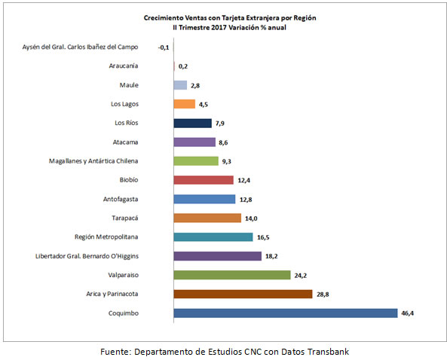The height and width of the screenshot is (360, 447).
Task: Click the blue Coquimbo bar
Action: coord(286,313)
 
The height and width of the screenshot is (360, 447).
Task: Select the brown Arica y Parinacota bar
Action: coord(243,294)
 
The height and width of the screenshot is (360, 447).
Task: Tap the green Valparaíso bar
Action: coord(231,275)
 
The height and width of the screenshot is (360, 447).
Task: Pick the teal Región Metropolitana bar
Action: coord(213,237)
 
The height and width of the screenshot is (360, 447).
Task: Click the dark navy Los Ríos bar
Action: coord(192,123)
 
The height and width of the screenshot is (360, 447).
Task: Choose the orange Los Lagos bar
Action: coord(184,104)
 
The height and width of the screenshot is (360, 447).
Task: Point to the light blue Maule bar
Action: coord(180,85)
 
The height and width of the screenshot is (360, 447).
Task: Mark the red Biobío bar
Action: coord(204,180)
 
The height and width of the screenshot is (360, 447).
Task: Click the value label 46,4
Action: coord(407,313)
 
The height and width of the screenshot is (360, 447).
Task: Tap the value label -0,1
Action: coord(164,47)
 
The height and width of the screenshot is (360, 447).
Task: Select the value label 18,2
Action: coord(271,256)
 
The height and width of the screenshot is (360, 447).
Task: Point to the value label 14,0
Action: coord(251,218)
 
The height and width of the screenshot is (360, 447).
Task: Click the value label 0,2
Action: coord(183,66)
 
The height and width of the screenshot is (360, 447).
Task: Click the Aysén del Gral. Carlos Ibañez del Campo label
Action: coord(81,47)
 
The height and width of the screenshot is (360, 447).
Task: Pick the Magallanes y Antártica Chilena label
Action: coord(93,161)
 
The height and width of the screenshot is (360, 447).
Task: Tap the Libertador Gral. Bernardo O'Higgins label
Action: coord(87,256)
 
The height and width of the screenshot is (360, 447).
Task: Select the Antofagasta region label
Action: coord(121,199)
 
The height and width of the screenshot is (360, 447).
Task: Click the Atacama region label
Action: coord(125,142)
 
